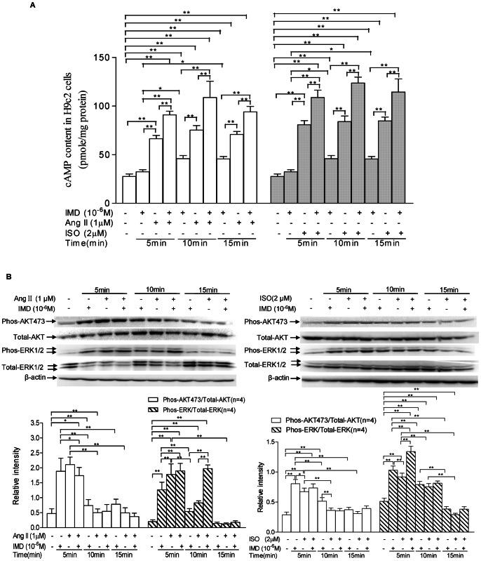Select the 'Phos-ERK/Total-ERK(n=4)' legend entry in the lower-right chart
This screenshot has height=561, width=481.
click(326, 429)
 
